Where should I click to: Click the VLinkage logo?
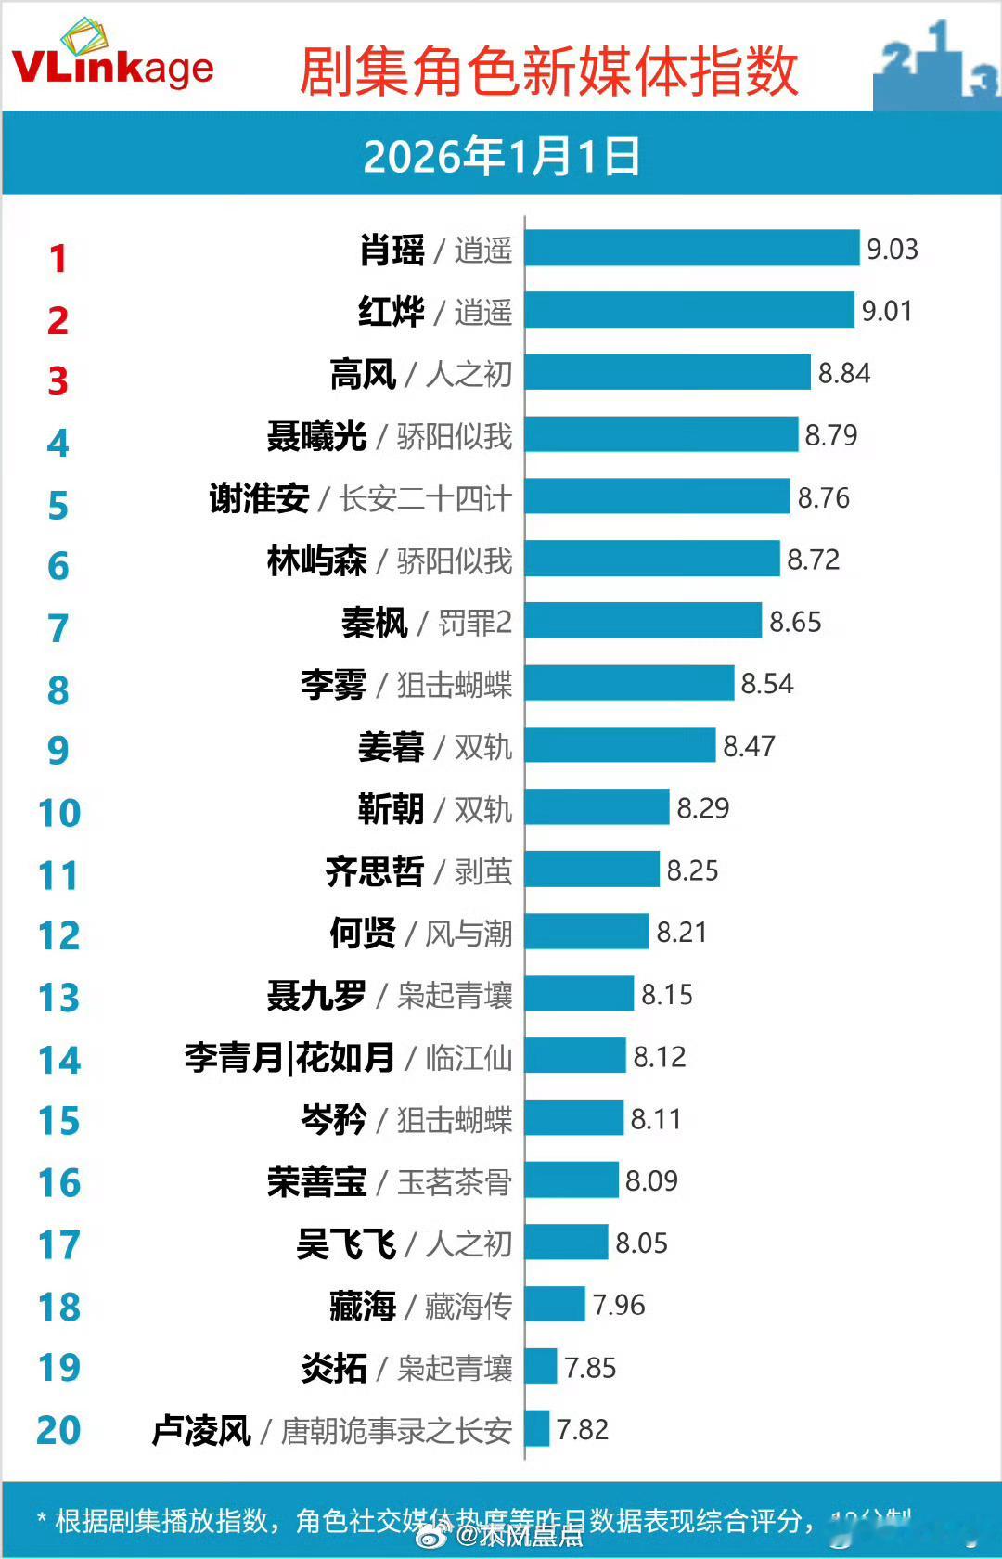[112, 58]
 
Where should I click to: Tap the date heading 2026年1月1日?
[501, 156]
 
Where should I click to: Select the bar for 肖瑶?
[692, 249]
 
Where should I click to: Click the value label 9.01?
[887, 311]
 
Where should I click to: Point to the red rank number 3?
[58, 381]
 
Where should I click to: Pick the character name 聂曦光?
[316, 436]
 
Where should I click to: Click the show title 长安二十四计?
[425, 498]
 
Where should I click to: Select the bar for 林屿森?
[652, 560]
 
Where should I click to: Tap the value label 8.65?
[795, 622]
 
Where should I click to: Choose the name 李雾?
[333, 685]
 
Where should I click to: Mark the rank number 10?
[59, 813]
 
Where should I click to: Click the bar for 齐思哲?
[592, 870]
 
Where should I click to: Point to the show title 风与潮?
[469, 933]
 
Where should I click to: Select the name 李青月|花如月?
[289, 1057]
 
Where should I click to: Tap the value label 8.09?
[651, 1180]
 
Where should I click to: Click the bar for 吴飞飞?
[566, 1243]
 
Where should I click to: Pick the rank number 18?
[59, 1308]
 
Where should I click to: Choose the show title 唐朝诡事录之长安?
[396, 1430]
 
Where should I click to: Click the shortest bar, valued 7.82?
[537, 1429]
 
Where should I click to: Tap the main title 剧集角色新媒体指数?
[548, 71]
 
